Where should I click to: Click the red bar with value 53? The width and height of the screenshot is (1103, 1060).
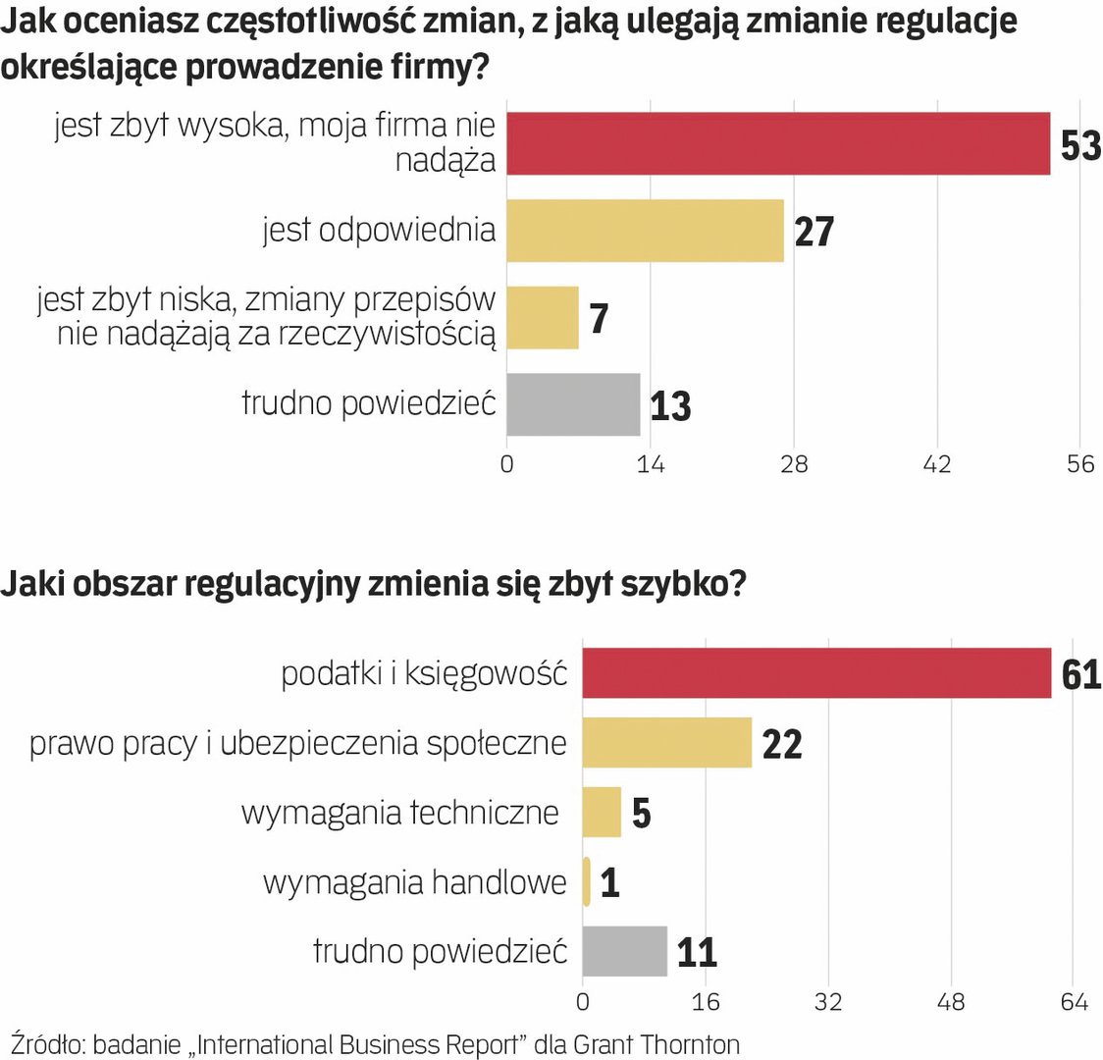click(778, 143)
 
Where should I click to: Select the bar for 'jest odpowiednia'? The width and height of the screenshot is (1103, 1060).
click(645, 231)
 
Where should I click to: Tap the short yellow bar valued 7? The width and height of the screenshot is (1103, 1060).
click(543, 317)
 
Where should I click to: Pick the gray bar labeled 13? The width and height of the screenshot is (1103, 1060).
click(573, 404)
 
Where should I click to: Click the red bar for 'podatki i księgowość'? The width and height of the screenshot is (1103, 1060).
click(816, 673)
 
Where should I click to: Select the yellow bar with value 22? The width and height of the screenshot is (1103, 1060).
click(666, 743)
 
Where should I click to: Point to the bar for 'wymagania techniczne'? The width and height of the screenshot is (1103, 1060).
click(602, 813)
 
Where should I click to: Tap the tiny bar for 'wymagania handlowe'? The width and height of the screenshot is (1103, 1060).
click(587, 881)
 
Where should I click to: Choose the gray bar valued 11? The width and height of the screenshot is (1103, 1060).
click(624, 951)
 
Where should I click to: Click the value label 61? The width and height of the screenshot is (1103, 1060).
click(1080, 675)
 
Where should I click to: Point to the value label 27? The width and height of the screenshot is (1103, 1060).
click(814, 233)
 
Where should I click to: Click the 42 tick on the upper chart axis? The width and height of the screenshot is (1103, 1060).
click(936, 464)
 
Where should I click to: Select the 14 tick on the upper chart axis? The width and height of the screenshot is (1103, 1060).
click(650, 464)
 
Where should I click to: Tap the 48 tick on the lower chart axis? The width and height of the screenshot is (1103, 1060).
click(951, 1002)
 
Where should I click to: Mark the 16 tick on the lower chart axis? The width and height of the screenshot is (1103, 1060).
click(705, 1002)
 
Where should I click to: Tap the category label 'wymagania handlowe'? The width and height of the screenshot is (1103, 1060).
click(414, 882)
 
